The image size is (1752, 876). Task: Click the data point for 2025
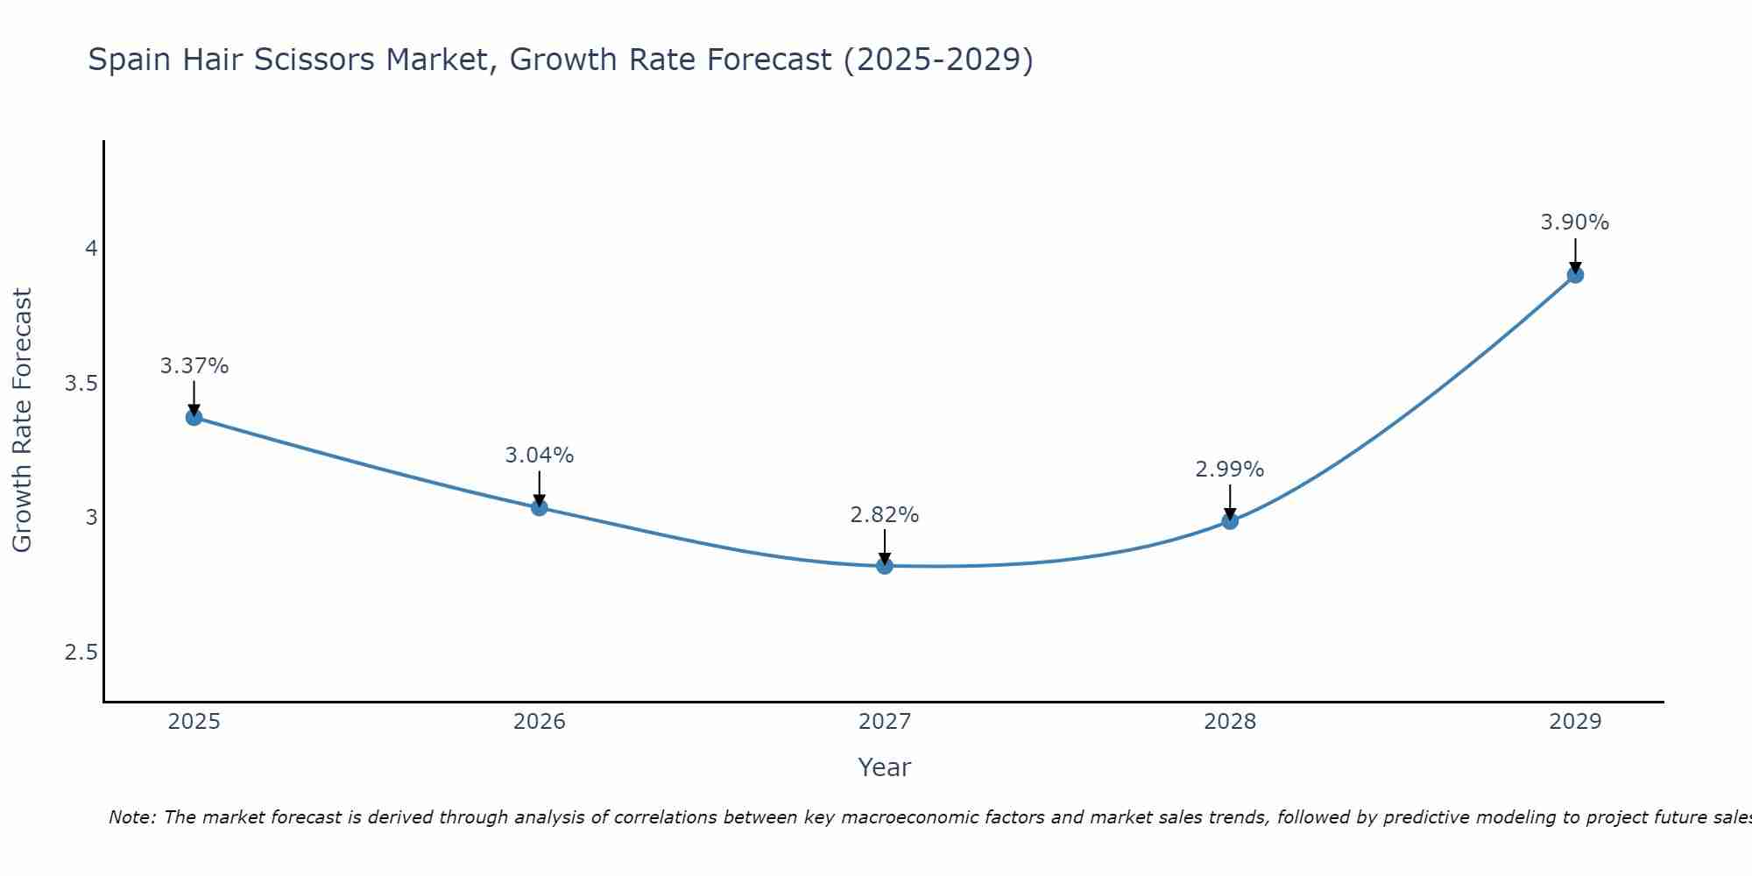(x=194, y=417)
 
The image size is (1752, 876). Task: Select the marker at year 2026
(x=540, y=507)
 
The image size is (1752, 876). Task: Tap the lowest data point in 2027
(x=885, y=566)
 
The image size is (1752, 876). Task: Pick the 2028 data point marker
(x=1230, y=520)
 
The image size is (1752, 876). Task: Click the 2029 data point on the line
(x=1575, y=275)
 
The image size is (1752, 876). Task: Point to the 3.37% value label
(x=194, y=366)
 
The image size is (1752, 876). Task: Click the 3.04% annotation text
(x=540, y=456)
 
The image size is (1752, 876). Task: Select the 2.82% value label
(x=885, y=515)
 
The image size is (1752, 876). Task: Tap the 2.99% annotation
(x=1230, y=470)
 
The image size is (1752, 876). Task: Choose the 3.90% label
(x=1575, y=223)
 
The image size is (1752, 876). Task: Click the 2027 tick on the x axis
(x=885, y=722)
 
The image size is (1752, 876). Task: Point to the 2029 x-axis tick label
(x=1575, y=722)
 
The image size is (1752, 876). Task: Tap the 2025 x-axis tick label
(x=194, y=722)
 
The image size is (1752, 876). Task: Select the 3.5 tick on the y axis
(x=81, y=384)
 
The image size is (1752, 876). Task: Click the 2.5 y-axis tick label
(x=81, y=653)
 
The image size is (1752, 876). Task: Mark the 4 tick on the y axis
(x=91, y=249)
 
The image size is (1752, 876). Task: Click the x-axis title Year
(x=885, y=767)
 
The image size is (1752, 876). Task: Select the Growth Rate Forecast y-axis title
(x=22, y=420)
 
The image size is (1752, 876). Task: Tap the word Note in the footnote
(x=131, y=817)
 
